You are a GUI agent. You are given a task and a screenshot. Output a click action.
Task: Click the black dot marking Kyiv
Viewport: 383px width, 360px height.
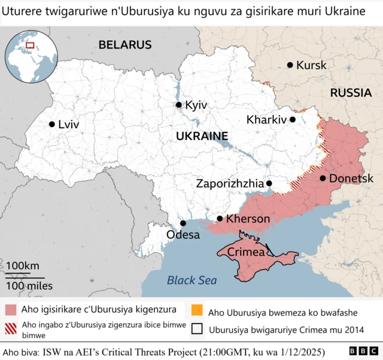click(178, 105)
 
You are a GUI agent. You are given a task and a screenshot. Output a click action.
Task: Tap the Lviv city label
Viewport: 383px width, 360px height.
click(68, 125)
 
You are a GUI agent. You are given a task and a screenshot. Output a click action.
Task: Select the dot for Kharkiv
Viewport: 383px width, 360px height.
click(293, 119)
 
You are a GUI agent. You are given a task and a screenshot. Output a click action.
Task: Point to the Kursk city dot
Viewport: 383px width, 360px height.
click(290, 65)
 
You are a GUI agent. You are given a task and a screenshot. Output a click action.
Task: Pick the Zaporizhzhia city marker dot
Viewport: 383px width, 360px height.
click(269, 183)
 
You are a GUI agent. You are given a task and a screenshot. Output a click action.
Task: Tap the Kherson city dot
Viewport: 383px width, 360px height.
click(220, 219)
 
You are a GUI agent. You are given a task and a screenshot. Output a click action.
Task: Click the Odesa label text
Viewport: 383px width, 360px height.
click(183, 235)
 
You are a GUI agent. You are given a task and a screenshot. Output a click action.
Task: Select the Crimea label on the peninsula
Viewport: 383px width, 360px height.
click(246, 252)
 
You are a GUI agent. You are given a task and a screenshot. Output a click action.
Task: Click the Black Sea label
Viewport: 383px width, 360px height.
click(191, 280)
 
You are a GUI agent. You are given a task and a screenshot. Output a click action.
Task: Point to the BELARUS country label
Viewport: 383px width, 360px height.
click(125, 44)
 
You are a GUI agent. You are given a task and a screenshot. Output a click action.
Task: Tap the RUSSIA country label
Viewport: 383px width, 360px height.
click(351, 93)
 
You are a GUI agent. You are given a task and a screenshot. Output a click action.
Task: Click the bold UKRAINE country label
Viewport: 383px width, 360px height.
click(202, 137)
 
